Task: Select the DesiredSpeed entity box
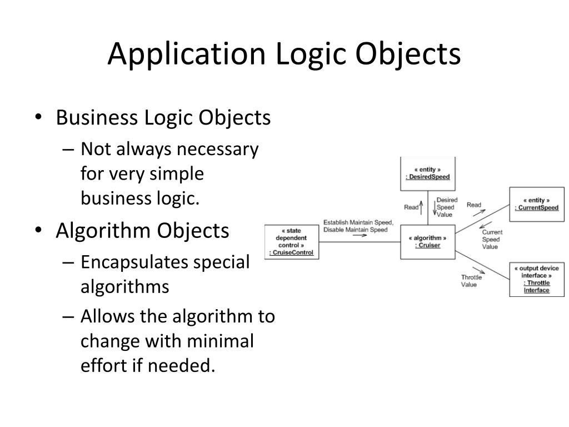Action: tap(427, 173)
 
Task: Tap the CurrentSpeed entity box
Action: tap(536, 204)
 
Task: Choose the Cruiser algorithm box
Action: tap(427, 241)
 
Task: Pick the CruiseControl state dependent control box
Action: tap(291, 241)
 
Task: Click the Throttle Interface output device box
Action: tap(536, 279)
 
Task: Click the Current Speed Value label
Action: tap(492, 239)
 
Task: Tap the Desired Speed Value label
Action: tap(446, 207)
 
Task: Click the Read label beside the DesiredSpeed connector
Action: tap(411, 207)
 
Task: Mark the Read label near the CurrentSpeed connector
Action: tap(474, 205)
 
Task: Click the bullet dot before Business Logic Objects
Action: tap(38, 118)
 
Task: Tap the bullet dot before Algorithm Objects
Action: tap(38, 231)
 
